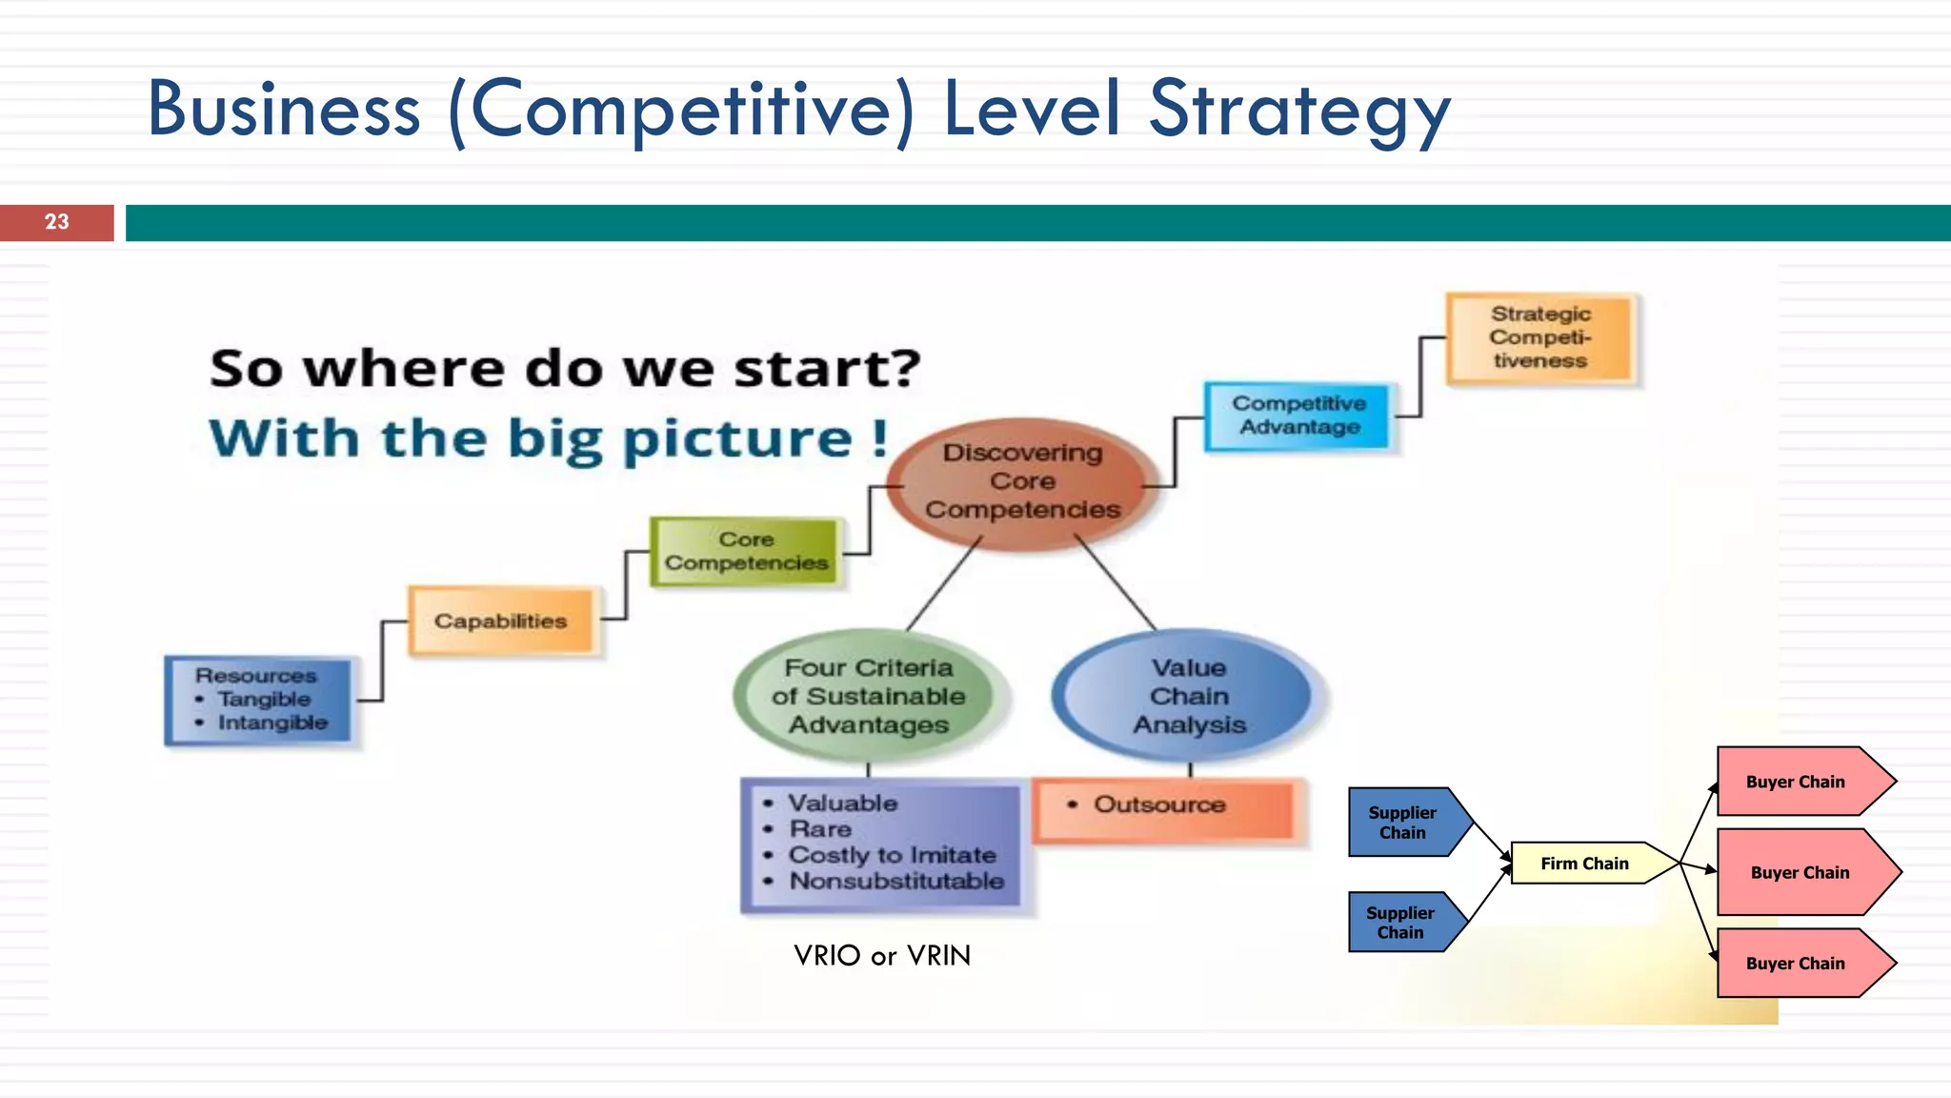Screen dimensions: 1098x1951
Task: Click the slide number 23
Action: click(x=57, y=222)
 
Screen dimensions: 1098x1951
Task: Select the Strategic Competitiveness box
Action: click(x=1540, y=337)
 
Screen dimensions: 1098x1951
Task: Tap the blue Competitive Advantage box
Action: click(x=1299, y=416)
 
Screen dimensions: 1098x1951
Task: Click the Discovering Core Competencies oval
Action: click(x=1022, y=482)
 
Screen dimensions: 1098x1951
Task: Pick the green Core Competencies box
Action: click(x=746, y=551)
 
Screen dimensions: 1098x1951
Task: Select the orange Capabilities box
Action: click(x=501, y=621)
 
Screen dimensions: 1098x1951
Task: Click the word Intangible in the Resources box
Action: click(x=272, y=722)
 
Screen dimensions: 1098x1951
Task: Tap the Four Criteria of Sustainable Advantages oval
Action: click(x=869, y=696)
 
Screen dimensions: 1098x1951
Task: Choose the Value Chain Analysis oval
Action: click(x=1189, y=696)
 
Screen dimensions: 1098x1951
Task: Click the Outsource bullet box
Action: click(x=1166, y=806)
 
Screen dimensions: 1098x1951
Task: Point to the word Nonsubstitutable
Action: click(x=896, y=881)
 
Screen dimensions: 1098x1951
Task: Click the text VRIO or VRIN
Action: click(x=882, y=955)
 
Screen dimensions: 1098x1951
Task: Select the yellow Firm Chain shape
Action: click(x=1585, y=864)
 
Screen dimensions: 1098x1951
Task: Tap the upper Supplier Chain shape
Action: click(x=1403, y=823)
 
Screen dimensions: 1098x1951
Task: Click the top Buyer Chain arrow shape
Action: click(x=1796, y=782)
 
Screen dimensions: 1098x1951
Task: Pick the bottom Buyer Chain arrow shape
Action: click(x=1796, y=964)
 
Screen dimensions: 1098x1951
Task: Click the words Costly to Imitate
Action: click(x=892, y=855)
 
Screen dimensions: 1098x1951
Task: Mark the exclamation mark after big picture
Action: click(x=879, y=438)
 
